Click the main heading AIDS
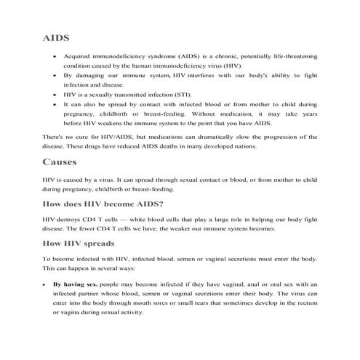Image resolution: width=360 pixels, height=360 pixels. (59, 36)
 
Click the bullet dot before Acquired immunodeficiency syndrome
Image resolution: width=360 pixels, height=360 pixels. (56, 55)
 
